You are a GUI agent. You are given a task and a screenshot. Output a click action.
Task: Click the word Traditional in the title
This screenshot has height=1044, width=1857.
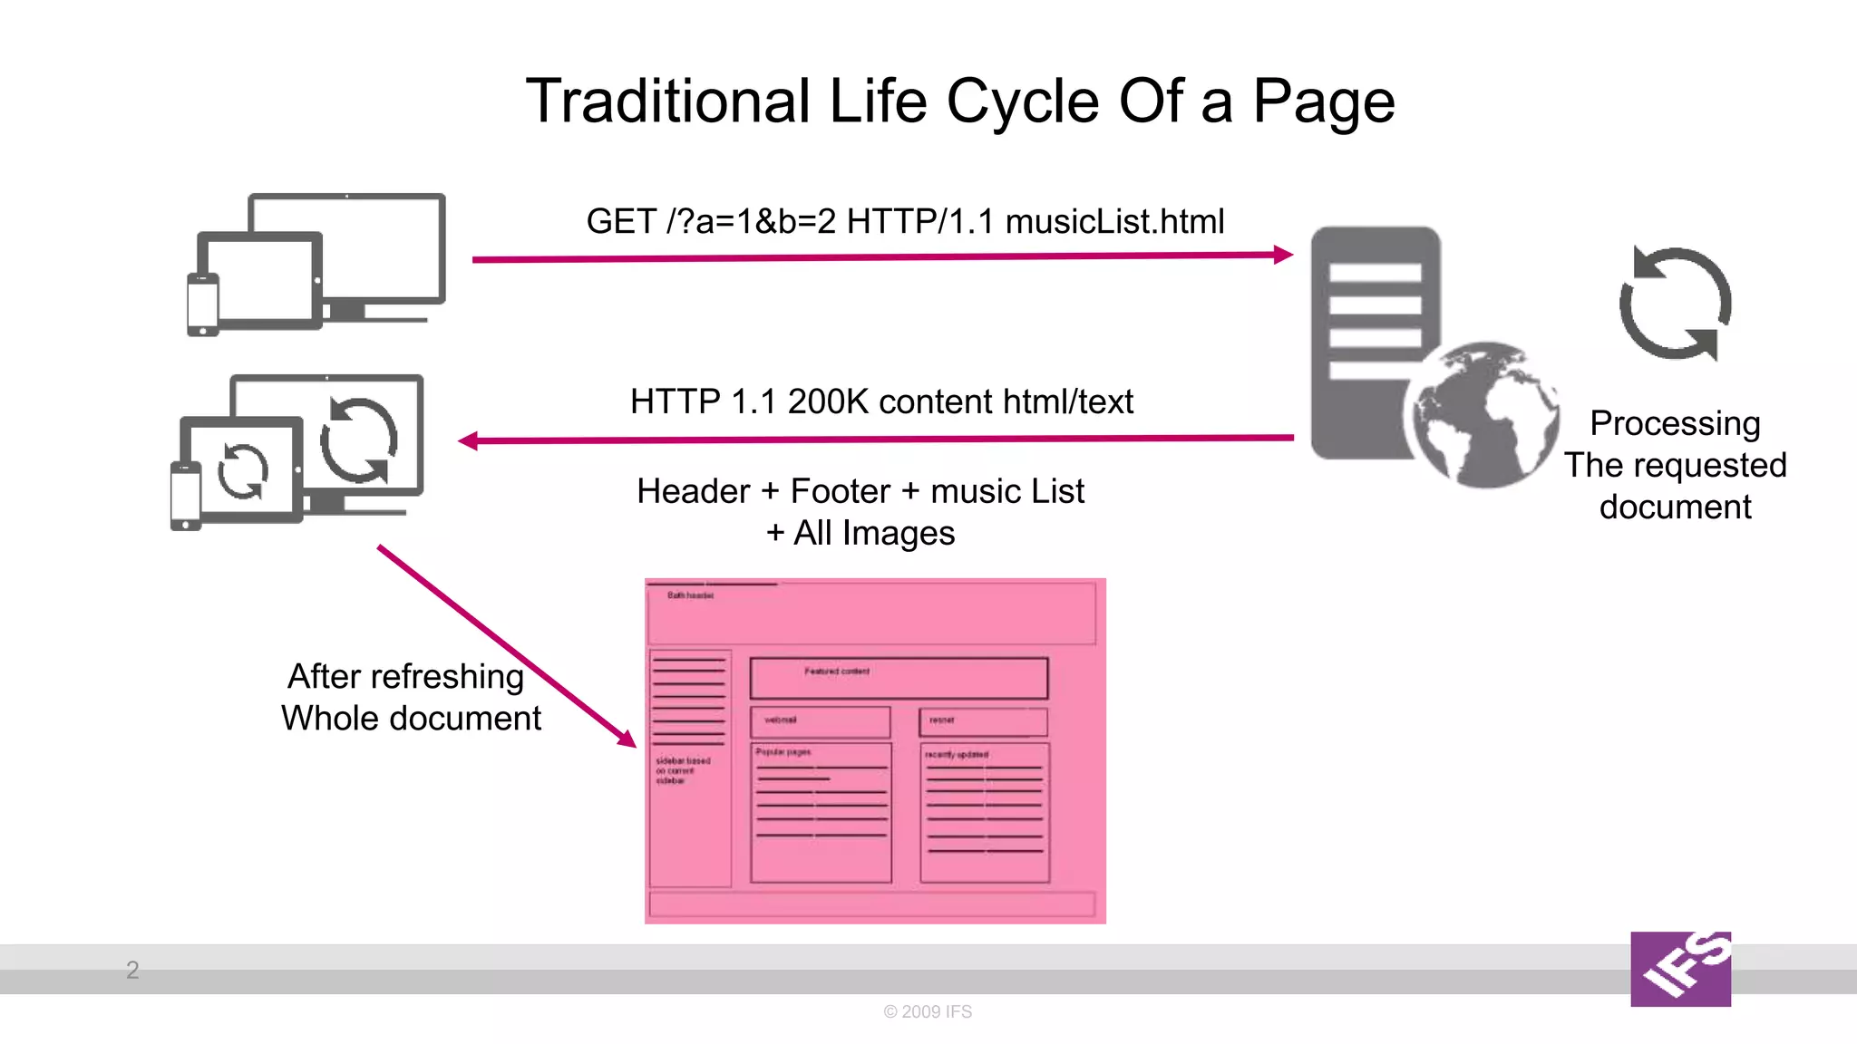(x=667, y=101)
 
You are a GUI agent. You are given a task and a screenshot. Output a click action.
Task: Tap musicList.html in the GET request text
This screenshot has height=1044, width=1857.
(x=1114, y=221)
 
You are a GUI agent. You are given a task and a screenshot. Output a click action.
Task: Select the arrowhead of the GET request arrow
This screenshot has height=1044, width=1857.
(x=1283, y=255)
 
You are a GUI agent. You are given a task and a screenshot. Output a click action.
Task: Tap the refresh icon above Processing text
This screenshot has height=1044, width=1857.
(x=1675, y=303)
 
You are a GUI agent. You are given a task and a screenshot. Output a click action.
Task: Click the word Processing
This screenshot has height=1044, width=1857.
(x=1675, y=423)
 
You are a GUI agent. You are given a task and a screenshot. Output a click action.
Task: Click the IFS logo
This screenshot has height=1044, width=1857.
(x=1680, y=969)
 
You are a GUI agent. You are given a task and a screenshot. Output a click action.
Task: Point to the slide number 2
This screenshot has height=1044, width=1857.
(x=132, y=970)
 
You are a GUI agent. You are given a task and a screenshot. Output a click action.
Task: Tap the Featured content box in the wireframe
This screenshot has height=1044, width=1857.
(x=899, y=678)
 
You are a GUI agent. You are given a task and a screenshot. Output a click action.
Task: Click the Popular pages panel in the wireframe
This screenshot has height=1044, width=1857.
(x=821, y=812)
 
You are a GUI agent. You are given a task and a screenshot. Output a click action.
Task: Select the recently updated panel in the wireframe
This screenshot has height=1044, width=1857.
(x=985, y=812)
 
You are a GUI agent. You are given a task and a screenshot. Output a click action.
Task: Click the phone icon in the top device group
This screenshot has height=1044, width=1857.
(x=202, y=304)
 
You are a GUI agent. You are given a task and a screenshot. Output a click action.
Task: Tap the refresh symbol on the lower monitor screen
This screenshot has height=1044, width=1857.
(x=359, y=440)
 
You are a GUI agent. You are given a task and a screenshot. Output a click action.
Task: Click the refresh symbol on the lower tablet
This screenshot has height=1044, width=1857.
(x=243, y=471)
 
